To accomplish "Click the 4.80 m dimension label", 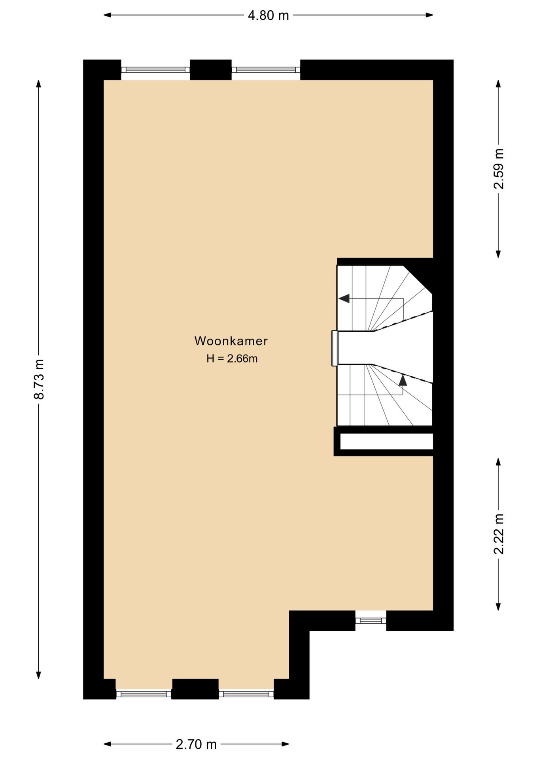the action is point(268,15).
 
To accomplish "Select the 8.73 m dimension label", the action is point(39,379).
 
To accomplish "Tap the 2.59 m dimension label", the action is point(499,169).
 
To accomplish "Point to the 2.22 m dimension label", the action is point(499,534).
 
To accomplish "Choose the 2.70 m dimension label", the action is point(196,744).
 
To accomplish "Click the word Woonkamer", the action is point(231,341).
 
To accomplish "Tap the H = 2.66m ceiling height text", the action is point(232,359).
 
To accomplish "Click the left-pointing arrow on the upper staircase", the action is point(344,298).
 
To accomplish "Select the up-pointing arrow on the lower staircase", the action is point(403,380).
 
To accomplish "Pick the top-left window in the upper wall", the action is point(155,70).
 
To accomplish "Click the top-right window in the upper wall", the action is point(266,70).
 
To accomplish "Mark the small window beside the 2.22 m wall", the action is point(371,621).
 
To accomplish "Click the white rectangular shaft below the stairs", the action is point(387,441).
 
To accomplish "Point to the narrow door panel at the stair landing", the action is point(335,348).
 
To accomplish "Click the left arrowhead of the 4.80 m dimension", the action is point(107,15).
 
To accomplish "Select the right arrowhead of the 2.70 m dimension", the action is point(285,744).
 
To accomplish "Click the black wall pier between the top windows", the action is point(210,70).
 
